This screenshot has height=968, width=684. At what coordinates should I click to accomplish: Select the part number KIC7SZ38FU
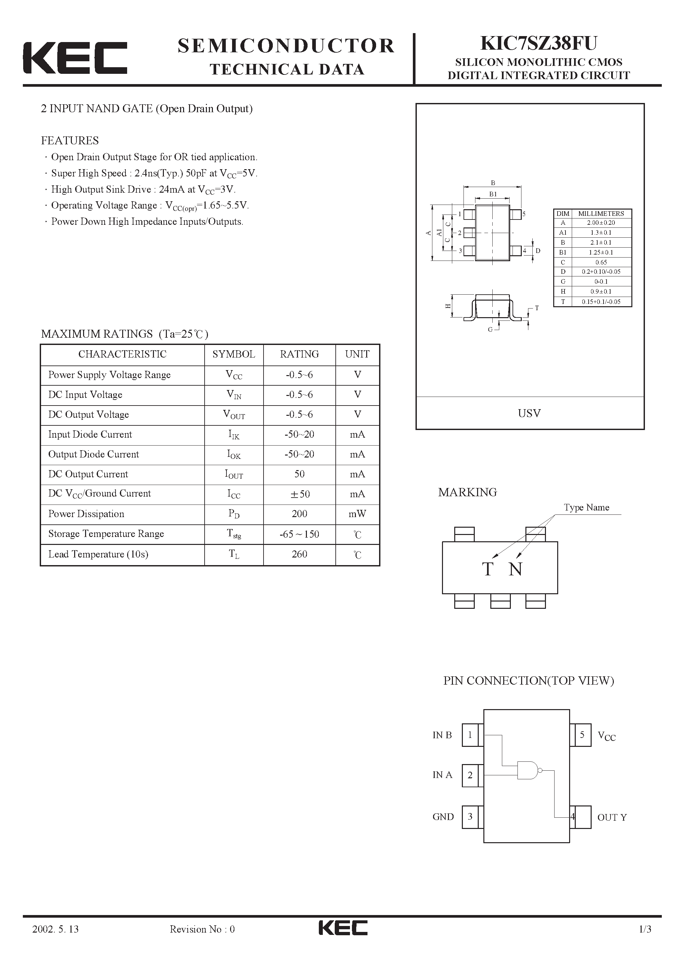point(539,43)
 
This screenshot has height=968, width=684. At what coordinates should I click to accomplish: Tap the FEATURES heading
point(70,140)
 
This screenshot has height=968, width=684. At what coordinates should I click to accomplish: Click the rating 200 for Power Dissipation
point(299,513)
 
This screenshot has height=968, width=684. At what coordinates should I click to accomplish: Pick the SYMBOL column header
point(234,354)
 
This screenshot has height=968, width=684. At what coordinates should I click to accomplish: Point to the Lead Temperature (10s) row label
point(98,554)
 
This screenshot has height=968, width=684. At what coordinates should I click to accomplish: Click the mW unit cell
point(357,513)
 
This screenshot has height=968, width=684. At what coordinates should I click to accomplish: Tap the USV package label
point(529,413)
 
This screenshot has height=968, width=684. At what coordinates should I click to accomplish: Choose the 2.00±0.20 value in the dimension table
point(601,222)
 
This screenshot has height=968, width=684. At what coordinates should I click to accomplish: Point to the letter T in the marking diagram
point(487,569)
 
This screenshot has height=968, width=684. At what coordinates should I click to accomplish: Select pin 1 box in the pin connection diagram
point(470,735)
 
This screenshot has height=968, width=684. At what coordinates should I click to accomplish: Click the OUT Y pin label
point(611,817)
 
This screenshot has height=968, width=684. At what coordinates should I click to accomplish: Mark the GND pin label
point(443,817)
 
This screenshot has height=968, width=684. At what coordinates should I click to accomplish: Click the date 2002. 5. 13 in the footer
point(56,941)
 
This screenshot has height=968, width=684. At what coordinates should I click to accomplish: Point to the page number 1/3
point(645,941)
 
